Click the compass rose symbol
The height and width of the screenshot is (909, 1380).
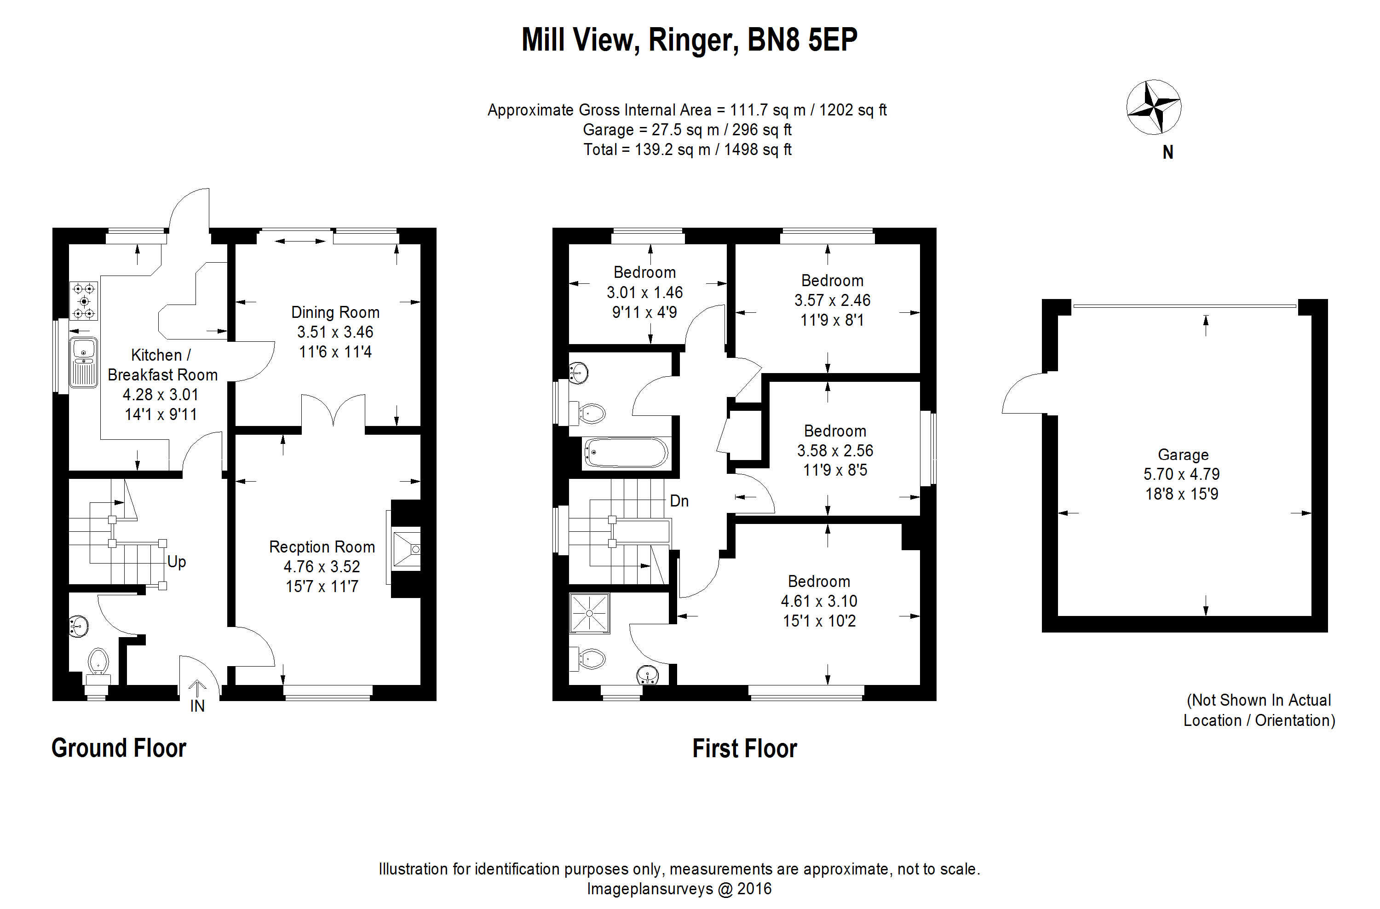pyautogui.click(x=1153, y=107)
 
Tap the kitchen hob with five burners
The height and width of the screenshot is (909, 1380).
pyautogui.click(x=84, y=301)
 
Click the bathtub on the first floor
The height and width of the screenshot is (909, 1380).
pyautogui.click(x=626, y=452)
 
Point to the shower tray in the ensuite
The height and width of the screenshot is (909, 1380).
pyautogui.click(x=589, y=613)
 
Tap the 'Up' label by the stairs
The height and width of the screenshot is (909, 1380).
pyautogui.click(x=177, y=562)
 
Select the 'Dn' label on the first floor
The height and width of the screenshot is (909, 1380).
pyautogui.click(x=679, y=501)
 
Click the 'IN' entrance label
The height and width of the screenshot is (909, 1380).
pyautogui.click(x=197, y=706)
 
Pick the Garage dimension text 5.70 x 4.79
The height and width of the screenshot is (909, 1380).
pyautogui.click(x=1181, y=474)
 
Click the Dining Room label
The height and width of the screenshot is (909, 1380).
pyautogui.click(x=335, y=312)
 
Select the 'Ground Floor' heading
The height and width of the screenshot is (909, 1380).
pyautogui.click(x=119, y=748)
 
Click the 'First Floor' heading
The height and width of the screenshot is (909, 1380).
pyautogui.click(x=744, y=748)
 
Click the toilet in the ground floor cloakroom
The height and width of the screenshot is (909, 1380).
pyautogui.click(x=98, y=664)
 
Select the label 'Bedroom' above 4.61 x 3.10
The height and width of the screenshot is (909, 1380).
pyautogui.click(x=819, y=581)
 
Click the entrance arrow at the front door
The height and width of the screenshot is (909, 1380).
pyautogui.click(x=197, y=688)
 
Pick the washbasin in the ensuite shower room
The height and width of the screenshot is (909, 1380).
pyautogui.click(x=647, y=675)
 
